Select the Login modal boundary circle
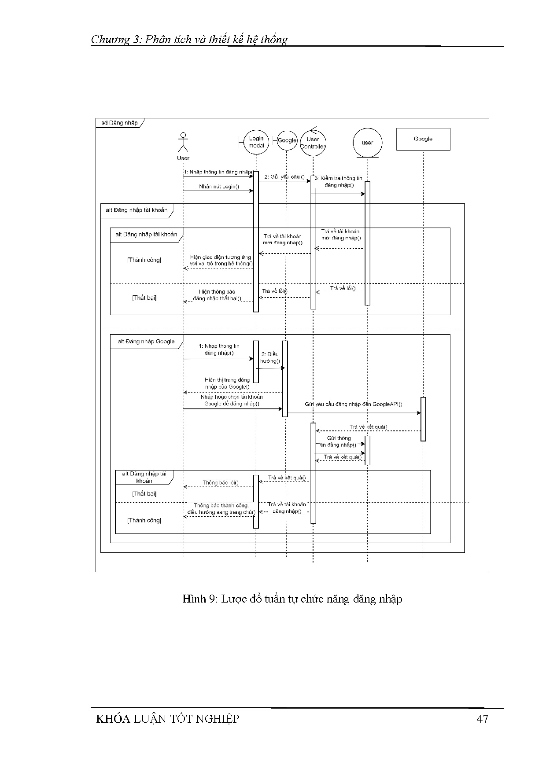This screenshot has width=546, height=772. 256,142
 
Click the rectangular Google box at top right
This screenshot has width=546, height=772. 423,139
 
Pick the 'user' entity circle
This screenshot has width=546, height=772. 367,143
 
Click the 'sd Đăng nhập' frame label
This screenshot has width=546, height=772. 119,123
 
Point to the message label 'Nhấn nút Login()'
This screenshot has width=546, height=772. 219,187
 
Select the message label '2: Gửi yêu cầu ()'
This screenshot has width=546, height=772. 284,177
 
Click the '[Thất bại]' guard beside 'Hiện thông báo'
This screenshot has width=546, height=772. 144,298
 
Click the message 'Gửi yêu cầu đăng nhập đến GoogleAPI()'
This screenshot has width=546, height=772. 353,404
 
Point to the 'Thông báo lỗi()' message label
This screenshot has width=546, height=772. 221,483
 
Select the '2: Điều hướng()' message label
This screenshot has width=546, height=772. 270,357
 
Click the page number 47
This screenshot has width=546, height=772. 482,719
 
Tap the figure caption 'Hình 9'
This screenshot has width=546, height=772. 198,599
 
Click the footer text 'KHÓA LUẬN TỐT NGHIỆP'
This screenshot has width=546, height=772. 168,719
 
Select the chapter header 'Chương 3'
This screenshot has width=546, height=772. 116,40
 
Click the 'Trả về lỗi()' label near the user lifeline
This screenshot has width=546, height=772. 343,289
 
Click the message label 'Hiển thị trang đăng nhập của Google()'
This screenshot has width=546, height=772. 227,383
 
